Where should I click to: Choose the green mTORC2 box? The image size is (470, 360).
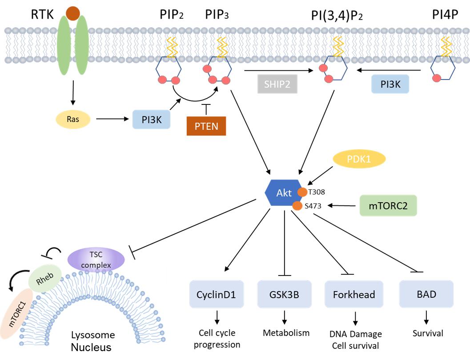tap(388, 206)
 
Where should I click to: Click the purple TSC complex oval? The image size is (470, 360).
tap(96, 259)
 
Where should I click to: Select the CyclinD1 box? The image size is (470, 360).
tap(217, 294)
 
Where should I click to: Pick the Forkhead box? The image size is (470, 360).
tap(354, 294)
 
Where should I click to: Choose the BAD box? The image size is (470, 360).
tap(426, 294)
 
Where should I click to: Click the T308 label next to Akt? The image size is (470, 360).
tap(317, 192)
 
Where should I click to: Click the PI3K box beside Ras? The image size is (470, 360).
tap(152, 120)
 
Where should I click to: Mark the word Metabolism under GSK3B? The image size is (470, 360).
tap(286, 333)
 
